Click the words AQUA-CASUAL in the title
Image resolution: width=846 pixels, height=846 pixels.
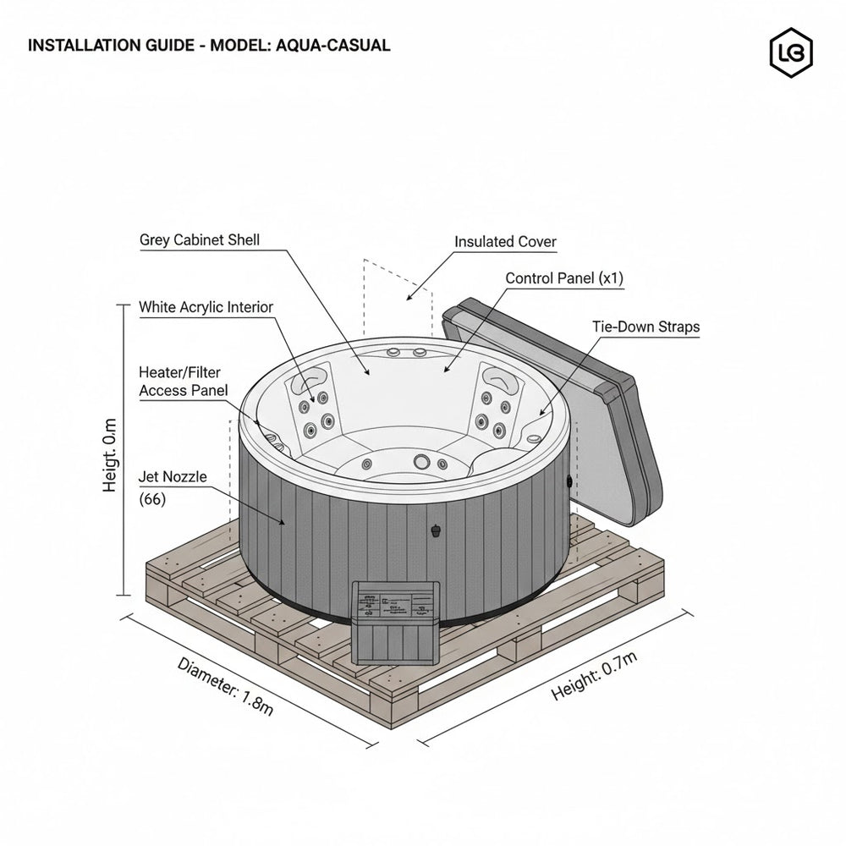(x=333, y=46)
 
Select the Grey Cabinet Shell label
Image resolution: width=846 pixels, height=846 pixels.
(x=200, y=240)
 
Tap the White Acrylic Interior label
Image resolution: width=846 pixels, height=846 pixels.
(x=206, y=307)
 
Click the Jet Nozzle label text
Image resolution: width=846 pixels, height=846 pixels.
(x=172, y=477)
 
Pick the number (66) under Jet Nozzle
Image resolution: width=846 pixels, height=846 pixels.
(x=152, y=499)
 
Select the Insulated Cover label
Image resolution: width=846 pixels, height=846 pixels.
(x=505, y=242)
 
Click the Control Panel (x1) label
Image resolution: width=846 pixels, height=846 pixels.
(x=564, y=278)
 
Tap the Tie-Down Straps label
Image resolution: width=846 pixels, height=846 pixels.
(x=645, y=327)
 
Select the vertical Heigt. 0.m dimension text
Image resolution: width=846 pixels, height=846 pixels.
(x=111, y=454)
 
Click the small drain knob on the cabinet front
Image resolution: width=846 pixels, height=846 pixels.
(x=436, y=531)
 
